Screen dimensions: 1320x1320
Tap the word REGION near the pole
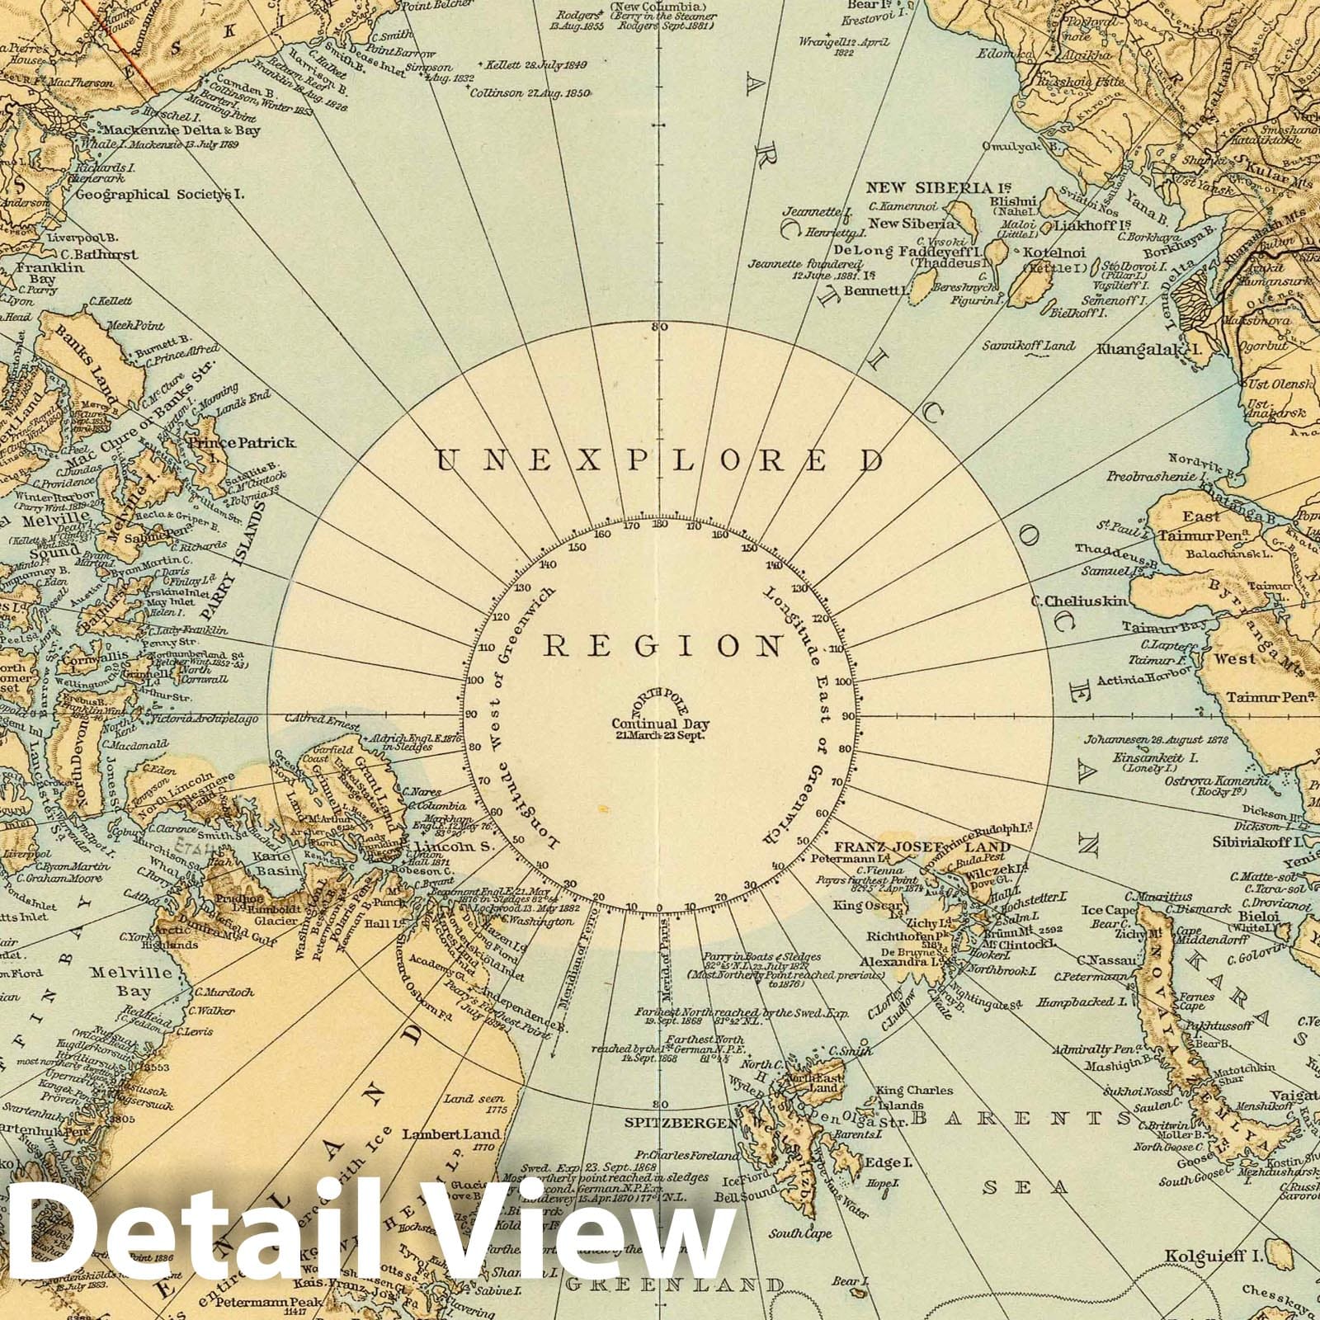[661, 646]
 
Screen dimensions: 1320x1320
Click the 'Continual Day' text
[660, 725]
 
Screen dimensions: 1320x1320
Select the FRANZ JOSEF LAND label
[922, 847]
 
